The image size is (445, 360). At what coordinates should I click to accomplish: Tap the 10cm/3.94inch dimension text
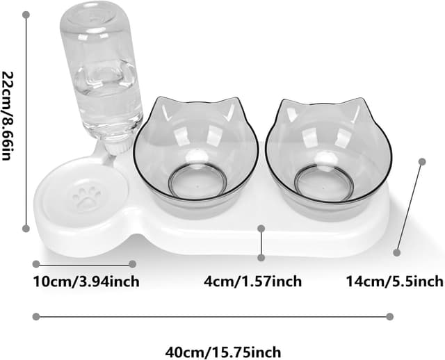point(86,281)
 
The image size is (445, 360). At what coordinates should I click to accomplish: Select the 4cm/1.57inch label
point(252,281)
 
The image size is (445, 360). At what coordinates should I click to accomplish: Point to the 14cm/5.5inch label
point(394,281)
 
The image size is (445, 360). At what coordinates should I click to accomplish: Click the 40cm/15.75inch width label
point(224,352)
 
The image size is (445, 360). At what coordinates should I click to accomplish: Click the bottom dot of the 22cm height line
point(26,228)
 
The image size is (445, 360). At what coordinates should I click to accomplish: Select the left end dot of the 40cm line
point(35,317)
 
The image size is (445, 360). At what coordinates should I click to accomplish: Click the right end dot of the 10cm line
point(133,264)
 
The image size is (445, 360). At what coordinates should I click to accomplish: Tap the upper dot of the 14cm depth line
point(421,161)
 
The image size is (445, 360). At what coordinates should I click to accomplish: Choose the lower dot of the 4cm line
point(261,257)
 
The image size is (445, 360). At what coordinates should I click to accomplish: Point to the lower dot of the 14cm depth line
point(397,252)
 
